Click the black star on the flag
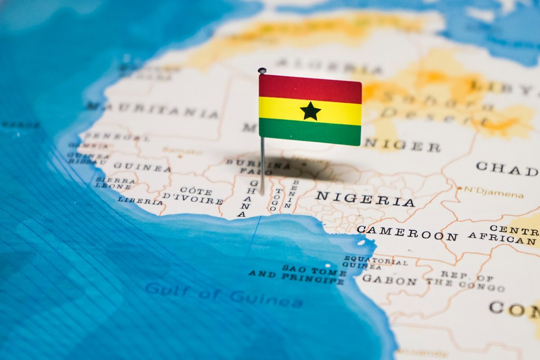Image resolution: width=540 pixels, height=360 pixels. pyautogui.click(x=310, y=111)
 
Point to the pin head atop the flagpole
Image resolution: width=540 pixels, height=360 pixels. pyautogui.click(x=262, y=71)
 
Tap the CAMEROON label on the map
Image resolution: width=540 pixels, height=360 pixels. pyautogui.click(x=407, y=233)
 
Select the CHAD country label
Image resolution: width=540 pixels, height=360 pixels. pyautogui.click(x=507, y=168)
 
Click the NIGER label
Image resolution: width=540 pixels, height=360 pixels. pyautogui.click(x=402, y=145)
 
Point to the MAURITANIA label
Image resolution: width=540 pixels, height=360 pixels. pyautogui.click(x=152, y=110)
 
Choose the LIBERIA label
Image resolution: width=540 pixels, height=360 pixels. pyautogui.click(x=140, y=201)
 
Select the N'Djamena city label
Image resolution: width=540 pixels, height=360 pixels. pyautogui.click(x=493, y=192)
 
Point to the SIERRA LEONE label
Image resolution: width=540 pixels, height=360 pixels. pyautogui.click(x=115, y=183)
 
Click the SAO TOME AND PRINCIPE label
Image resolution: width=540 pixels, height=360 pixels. pyautogui.click(x=299, y=274)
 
